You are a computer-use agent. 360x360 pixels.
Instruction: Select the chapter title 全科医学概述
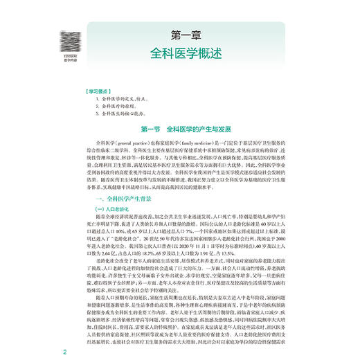click(x=181, y=53)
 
